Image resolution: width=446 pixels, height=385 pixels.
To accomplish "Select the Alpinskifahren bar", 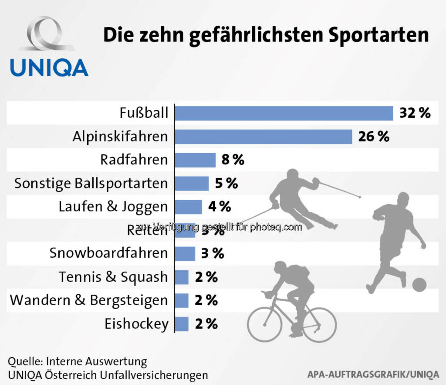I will coord(264,136).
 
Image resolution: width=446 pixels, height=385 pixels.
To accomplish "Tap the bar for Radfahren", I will coord(195,160).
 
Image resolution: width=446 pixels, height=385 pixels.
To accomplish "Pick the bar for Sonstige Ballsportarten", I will coord(192,184).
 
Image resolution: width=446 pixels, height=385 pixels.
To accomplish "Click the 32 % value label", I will coord(415,113).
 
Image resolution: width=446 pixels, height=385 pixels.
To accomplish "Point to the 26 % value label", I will coord(373,137).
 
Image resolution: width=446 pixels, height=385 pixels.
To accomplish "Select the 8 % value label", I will coord(233,160).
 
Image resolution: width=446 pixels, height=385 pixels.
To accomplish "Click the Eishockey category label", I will coord(136,324).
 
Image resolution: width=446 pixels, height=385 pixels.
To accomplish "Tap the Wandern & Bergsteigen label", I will coord(89,300).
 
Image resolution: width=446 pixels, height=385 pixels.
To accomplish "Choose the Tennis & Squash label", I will coord(113,277).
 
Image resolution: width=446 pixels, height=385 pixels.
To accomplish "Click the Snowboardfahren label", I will coord(108,253).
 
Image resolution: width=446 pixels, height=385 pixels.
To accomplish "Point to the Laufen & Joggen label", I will coord(113,207).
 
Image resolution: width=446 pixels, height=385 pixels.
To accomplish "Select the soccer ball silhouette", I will coord(419,285).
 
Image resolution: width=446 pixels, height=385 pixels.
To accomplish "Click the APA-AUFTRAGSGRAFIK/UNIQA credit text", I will coord(373,375).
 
